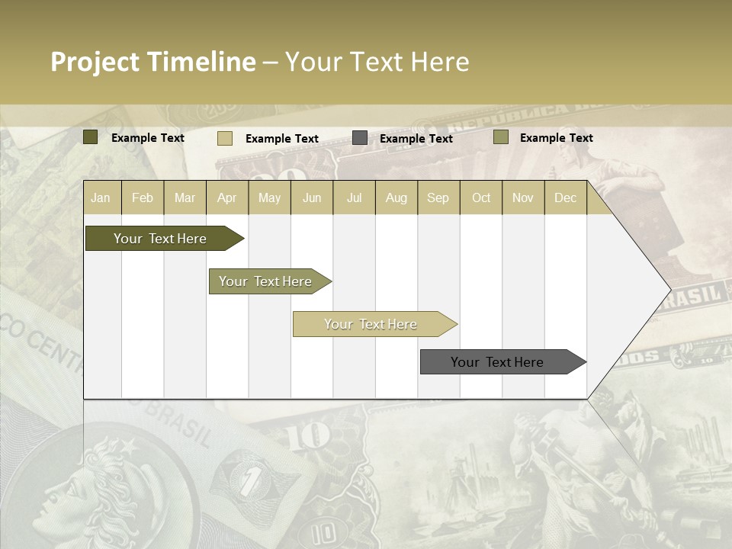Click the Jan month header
click(x=101, y=197)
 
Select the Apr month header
click(x=226, y=197)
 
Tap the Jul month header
click(x=354, y=197)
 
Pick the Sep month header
click(x=438, y=197)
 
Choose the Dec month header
click(x=565, y=197)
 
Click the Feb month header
click(x=143, y=197)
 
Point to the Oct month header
click(x=481, y=197)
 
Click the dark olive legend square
click(x=91, y=137)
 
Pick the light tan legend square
click(x=225, y=138)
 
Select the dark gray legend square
click(x=360, y=137)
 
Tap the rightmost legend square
click(x=501, y=137)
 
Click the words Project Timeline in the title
click(x=152, y=62)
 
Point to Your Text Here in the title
click(x=377, y=62)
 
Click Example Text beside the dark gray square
click(x=416, y=138)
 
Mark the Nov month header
click(x=523, y=197)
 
